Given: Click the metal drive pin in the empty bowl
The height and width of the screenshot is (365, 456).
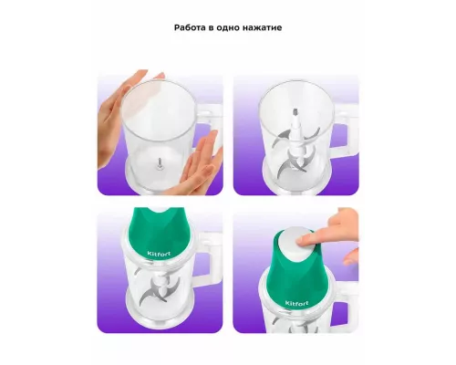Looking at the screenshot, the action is click(161, 163).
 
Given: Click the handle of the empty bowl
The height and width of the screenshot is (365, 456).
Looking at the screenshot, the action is click(212, 128).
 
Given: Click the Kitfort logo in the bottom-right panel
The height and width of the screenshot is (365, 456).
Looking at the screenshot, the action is click(296, 303).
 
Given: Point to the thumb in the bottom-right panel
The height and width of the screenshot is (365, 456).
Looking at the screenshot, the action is click(350, 257).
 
